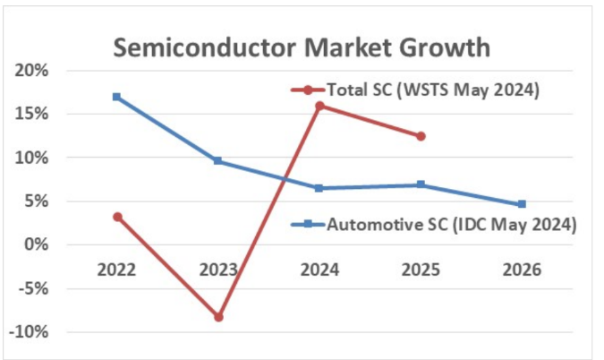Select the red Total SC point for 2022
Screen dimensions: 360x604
click(117, 217)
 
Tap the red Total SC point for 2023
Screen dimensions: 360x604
click(218, 317)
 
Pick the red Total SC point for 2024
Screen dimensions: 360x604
click(319, 106)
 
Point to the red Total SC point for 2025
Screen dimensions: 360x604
click(421, 136)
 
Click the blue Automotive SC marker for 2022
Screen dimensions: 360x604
click(117, 97)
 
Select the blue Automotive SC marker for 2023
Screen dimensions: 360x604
click(218, 161)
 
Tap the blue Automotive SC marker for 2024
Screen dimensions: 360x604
click(319, 188)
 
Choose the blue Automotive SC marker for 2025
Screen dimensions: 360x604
click(421, 184)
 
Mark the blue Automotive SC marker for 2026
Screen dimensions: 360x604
click(522, 204)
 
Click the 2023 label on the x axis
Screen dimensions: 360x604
click(218, 269)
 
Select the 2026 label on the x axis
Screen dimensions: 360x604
click(522, 269)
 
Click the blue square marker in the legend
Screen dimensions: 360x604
click(308, 224)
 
